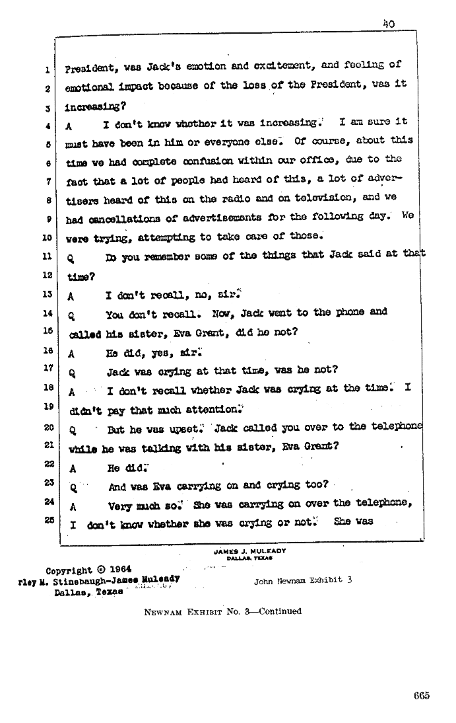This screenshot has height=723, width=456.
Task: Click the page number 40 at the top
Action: (x=388, y=23)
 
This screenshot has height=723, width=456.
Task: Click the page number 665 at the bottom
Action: (x=422, y=695)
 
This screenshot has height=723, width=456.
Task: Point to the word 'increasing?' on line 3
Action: (x=94, y=106)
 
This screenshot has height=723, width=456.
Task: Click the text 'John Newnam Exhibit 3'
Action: (x=303, y=580)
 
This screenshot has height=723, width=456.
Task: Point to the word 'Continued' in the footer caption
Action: (x=280, y=611)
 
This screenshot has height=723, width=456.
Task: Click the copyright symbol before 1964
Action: (x=100, y=569)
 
